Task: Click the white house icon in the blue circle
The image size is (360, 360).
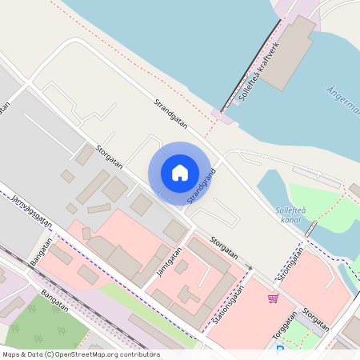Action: [x=180, y=173]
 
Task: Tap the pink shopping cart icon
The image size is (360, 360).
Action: [x=274, y=298]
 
